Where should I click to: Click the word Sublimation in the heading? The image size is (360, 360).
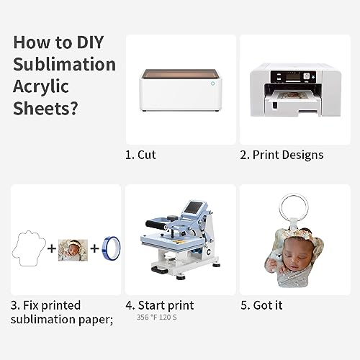tap(64, 63)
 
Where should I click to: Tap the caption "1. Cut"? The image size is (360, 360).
tap(140, 155)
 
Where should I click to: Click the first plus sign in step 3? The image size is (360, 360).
tap(51, 248)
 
